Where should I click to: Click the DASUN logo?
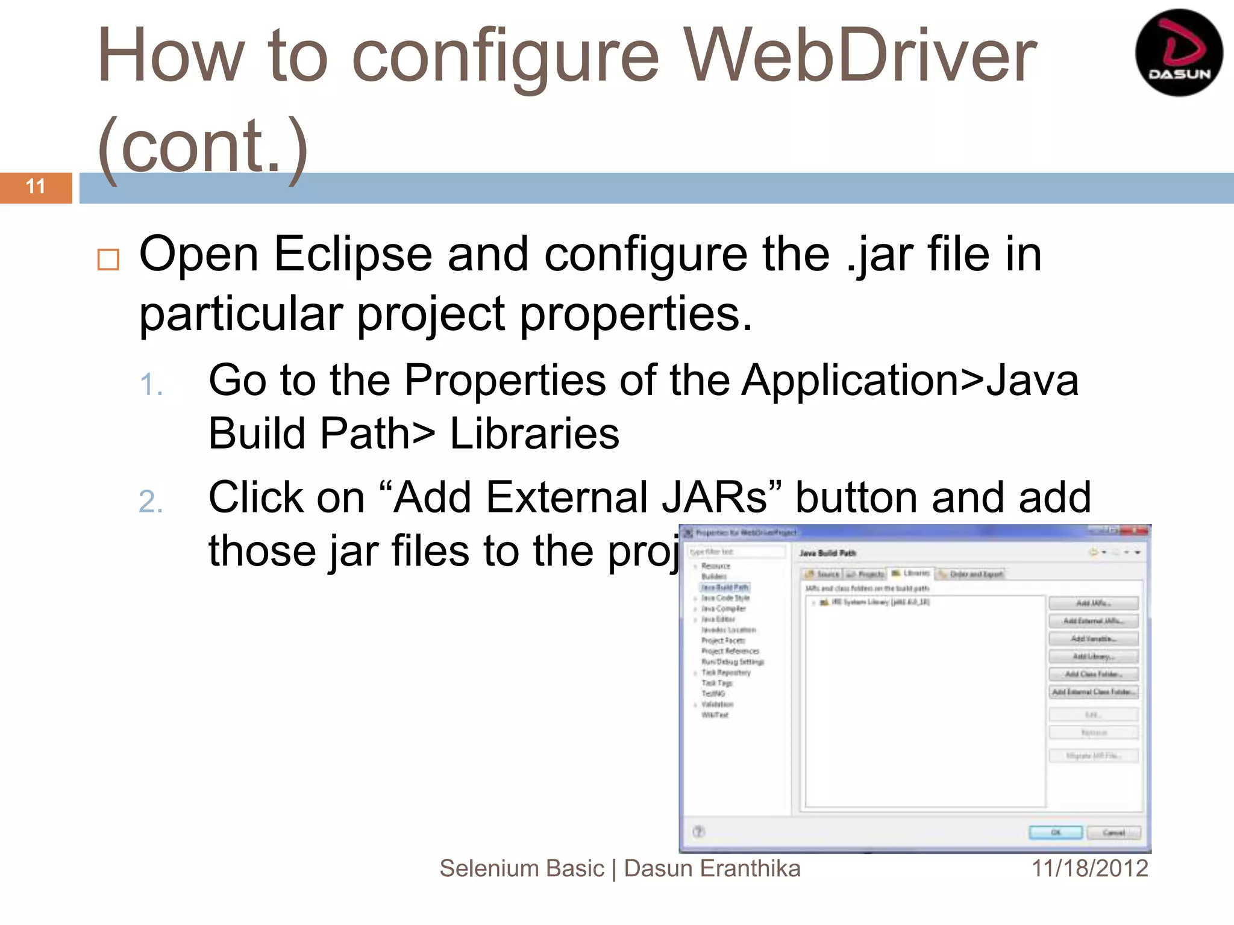click(1179, 53)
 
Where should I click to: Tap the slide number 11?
click(36, 187)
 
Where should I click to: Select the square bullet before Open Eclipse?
click(108, 260)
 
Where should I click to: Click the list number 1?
click(151, 384)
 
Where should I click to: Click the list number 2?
click(151, 502)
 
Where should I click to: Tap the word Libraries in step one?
click(534, 434)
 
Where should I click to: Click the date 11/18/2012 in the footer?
click(1089, 868)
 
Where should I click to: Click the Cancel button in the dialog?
click(1113, 833)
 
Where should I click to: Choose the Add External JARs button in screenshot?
click(1093, 621)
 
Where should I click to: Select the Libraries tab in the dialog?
click(911, 573)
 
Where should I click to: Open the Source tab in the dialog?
click(823, 574)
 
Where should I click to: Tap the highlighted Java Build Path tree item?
click(725, 587)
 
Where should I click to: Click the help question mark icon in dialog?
click(699, 832)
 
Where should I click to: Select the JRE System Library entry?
click(880, 602)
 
